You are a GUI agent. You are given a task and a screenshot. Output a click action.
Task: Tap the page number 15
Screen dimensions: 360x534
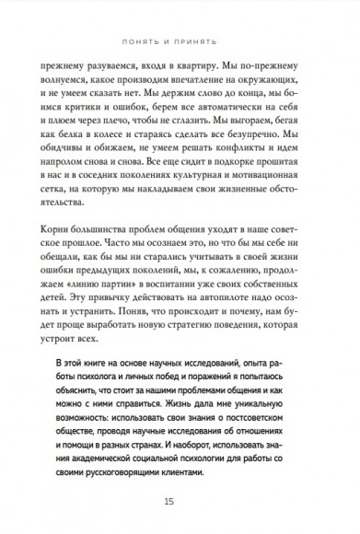[x=180, y=501]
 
